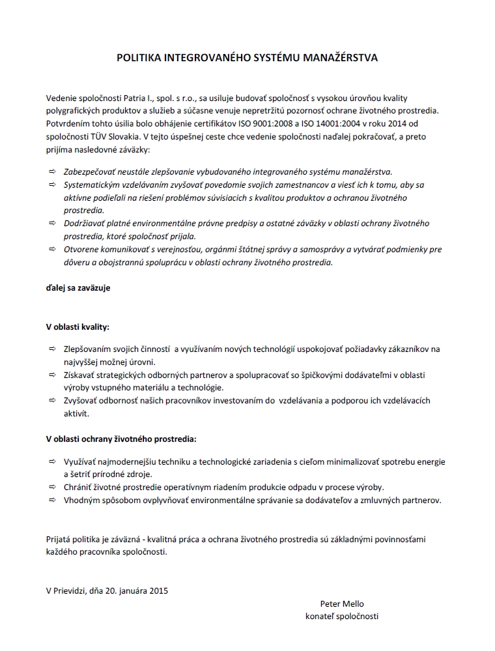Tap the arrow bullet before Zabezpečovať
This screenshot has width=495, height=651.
(x=51, y=171)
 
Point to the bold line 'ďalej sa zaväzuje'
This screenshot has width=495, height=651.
(x=78, y=287)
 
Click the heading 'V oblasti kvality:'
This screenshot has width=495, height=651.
(x=78, y=326)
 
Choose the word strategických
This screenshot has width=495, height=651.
(x=124, y=375)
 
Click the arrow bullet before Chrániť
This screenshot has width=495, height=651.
(x=51, y=487)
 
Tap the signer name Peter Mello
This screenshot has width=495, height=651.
(x=342, y=603)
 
